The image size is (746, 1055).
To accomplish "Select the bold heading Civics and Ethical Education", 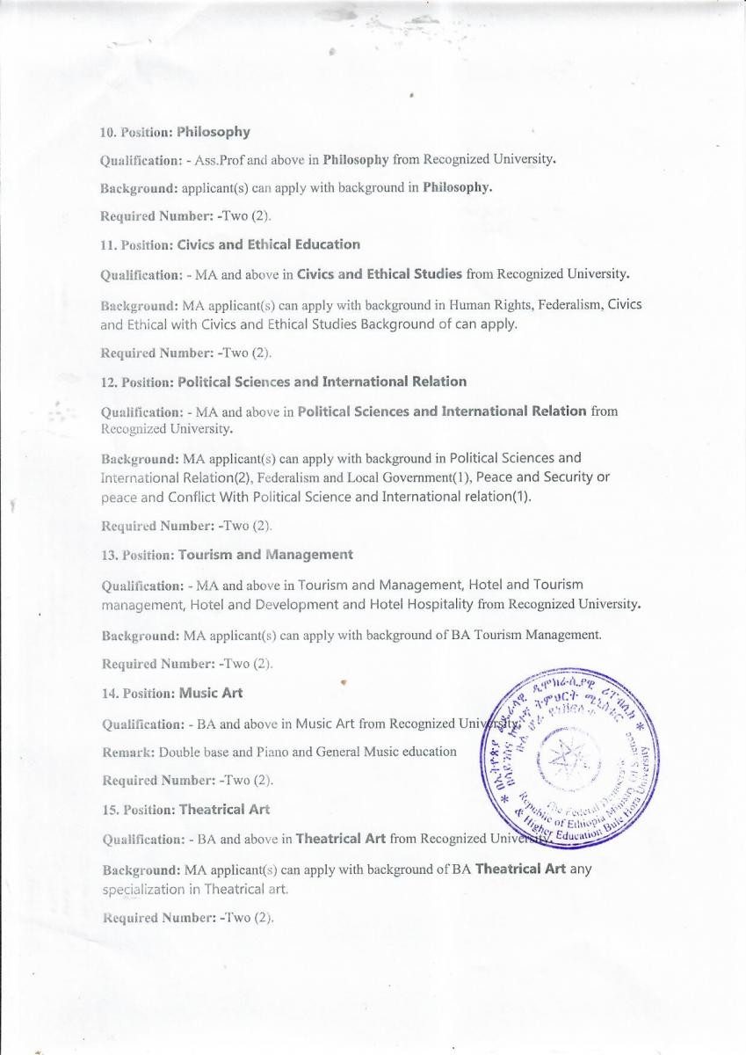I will point(269,244).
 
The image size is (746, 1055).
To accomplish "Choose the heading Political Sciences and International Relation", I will point(322,382).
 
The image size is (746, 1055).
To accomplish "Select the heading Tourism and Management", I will point(265,555).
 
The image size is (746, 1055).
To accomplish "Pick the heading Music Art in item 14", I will point(211,693).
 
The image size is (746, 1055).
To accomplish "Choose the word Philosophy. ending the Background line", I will point(457,188).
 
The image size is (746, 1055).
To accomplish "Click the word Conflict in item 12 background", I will point(201,497).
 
